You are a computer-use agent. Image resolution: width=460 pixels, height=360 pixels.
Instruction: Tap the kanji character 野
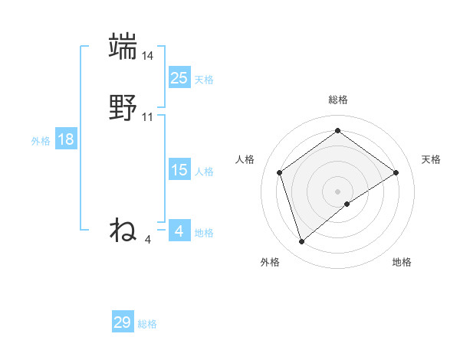point(123,107)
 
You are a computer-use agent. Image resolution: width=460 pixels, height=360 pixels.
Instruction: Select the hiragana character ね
point(123,230)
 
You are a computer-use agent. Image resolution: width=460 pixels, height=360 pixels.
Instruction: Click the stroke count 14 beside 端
point(148,56)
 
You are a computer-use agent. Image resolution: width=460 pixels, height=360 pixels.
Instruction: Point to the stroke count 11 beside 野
point(148,117)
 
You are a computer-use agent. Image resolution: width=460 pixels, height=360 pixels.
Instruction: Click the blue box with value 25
point(179,77)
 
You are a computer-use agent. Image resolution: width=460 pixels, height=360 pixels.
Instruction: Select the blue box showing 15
point(179,170)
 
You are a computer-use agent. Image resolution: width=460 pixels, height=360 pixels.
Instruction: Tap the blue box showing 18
point(66,139)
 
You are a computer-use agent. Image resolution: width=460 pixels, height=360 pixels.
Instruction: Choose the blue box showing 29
point(123,322)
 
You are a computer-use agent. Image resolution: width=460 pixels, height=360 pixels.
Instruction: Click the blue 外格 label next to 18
point(41,141)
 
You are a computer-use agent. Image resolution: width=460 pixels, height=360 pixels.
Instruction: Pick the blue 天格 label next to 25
point(204,80)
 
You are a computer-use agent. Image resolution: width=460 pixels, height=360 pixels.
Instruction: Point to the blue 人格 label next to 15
point(204,172)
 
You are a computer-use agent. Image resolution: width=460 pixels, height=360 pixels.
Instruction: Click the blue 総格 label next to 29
point(147,324)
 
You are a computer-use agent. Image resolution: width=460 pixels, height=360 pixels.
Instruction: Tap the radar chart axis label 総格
point(337,100)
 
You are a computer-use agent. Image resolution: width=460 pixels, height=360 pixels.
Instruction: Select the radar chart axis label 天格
point(431,159)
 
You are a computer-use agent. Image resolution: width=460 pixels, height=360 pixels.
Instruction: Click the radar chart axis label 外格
point(270,262)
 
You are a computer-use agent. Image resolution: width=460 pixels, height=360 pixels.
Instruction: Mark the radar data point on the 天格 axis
point(396,172)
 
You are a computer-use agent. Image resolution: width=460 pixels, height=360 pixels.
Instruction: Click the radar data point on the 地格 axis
point(347,204)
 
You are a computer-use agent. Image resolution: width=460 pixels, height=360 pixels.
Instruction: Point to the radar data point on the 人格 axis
point(280,172)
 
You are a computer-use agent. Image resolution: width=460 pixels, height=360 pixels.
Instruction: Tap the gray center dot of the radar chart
point(337,191)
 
